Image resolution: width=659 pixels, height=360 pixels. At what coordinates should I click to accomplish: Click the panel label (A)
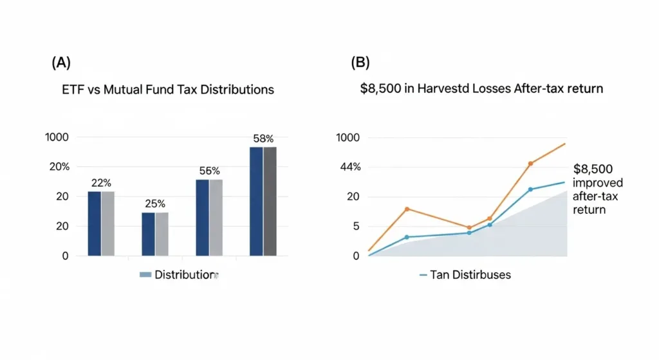(x=61, y=62)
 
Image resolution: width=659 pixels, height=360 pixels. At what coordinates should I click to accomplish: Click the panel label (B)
(x=360, y=62)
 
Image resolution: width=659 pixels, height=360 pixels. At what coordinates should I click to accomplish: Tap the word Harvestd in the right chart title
(x=443, y=89)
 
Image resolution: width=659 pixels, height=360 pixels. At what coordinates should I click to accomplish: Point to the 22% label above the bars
(x=102, y=182)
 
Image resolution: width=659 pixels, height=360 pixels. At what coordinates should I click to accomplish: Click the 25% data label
(x=155, y=203)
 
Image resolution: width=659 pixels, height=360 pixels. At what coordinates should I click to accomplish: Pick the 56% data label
(x=210, y=171)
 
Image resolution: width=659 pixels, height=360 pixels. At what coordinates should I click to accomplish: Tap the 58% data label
(x=263, y=138)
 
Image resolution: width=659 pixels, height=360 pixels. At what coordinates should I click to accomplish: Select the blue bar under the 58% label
(x=256, y=201)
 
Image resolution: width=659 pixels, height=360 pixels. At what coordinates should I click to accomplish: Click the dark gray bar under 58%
(x=270, y=201)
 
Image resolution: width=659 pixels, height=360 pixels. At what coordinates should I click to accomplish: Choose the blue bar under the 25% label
(x=148, y=234)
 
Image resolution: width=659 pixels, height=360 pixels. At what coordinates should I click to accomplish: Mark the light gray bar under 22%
(x=107, y=223)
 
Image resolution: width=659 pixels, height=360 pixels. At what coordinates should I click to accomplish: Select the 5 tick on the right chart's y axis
(x=356, y=226)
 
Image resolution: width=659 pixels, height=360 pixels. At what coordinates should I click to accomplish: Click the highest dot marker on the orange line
(x=531, y=164)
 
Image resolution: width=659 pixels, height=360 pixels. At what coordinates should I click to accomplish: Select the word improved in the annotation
(x=598, y=183)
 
